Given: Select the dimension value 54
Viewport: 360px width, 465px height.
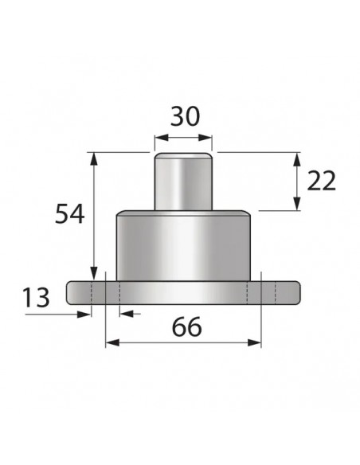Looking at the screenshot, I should pos(70,213).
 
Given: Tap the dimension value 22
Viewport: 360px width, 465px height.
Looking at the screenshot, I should pos(320,181).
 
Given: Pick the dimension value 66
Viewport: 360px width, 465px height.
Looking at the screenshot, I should pos(185,326).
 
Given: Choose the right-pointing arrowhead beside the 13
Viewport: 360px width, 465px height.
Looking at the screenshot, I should pos(85,313).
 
